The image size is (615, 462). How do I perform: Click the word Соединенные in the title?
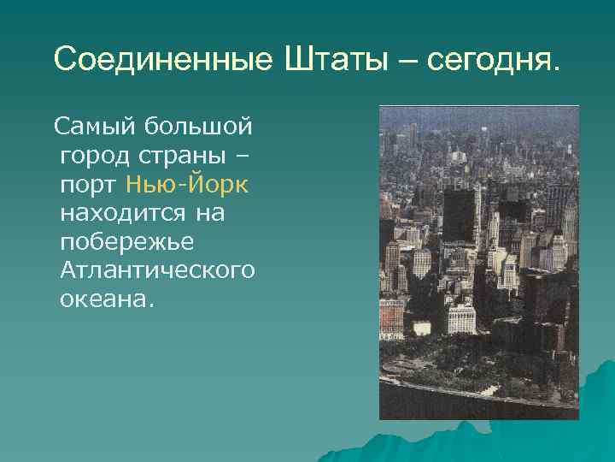pos(159,59)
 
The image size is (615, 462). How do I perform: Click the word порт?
pos(90,186)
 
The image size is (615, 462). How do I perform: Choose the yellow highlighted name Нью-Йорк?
pos(187,185)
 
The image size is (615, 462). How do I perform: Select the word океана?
pos(103,299)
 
